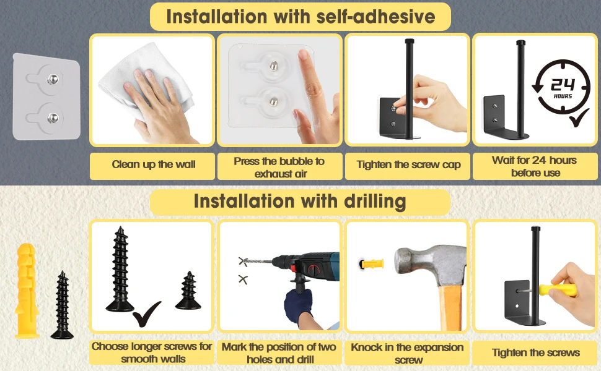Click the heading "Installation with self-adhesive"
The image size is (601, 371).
click(x=300, y=17)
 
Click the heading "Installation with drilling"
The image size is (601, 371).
click(x=300, y=201)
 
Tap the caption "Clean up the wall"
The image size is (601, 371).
click(x=153, y=164)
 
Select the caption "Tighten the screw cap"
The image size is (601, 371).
click(x=408, y=164)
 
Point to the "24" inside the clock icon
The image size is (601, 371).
click(x=563, y=85)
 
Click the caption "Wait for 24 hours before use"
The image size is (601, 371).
click(x=535, y=166)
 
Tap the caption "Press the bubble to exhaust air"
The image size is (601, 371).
click(x=279, y=167)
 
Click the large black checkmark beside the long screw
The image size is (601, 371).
click(x=146, y=313)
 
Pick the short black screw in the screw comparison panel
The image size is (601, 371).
click(x=188, y=290)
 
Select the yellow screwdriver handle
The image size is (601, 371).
click(x=558, y=290)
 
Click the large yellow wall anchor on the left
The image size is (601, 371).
click(x=27, y=291)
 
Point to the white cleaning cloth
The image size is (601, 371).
click(x=146, y=82)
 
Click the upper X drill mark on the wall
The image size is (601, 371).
click(x=243, y=262)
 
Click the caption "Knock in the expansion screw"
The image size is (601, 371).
click(x=408, y=354)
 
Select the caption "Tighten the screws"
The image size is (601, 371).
click(x=535, y=352)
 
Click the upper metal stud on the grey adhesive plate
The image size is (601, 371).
click(x=53, y=79)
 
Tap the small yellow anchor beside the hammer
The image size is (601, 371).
click(x=371, y=263)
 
